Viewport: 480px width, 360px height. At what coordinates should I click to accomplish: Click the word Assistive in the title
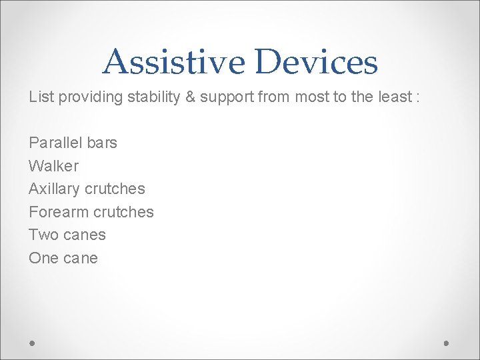pos(174,61)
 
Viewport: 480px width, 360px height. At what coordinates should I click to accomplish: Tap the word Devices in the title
pos(315,61)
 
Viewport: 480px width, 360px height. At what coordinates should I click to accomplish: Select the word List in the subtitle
pos(41,97)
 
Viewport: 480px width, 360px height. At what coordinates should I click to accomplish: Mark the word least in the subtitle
pos(394,97)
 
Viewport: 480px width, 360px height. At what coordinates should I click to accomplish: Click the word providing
pos(89,97)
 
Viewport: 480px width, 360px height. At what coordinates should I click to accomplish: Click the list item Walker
pos(53,166)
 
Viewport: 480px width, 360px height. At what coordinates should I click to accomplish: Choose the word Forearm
pos(58,212)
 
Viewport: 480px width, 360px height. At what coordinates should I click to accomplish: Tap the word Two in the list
pos(42,235)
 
